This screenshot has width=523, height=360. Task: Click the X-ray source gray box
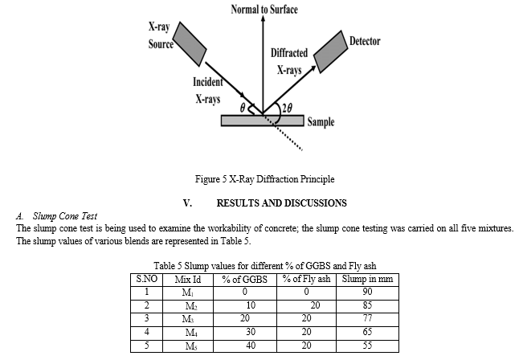tap(189, 44)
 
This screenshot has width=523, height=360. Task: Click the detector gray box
tap(330, 51)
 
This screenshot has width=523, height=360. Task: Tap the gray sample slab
tap(263, 121)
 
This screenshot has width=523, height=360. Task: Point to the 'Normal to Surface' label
tap(264, 10)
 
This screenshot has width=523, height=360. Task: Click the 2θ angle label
tap(287, 108)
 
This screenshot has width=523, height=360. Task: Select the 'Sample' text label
tap(321, 122)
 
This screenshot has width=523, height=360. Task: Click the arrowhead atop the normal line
tap(263, 18)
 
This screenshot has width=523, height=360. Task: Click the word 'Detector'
tap(365, 41)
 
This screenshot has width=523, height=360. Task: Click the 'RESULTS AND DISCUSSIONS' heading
tap(281, 202)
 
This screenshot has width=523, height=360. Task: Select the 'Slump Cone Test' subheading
tap(65, 216)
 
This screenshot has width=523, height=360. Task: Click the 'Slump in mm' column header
tap(367, 280)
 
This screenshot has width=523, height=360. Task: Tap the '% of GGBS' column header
tap(245, 280)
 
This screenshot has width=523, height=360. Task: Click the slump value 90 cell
tap(367, 292)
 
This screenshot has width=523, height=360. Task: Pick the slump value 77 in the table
tap(367, 318)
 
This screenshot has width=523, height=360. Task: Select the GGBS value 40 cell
tap(251, 346)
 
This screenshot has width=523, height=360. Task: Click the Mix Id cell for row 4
tap(191, 333)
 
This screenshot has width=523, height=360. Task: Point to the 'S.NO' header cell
tap(147, 279)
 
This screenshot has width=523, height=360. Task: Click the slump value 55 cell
tap(367, 346)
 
